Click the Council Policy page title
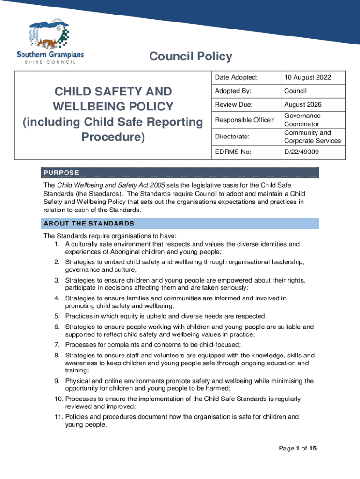(190, 57)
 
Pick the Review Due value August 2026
(302, 105)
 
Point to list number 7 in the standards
(57, 345)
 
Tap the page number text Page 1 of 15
(298, 449)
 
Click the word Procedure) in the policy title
(113, 138)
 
